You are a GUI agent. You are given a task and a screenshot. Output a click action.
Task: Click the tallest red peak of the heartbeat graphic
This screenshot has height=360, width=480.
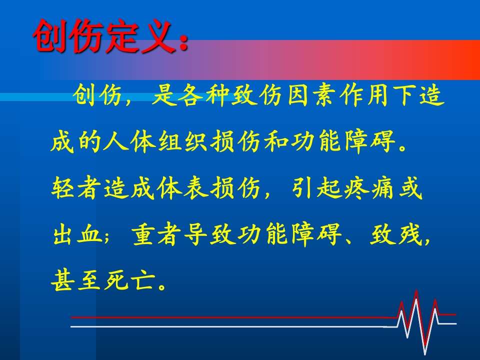[x=416, y=291]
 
